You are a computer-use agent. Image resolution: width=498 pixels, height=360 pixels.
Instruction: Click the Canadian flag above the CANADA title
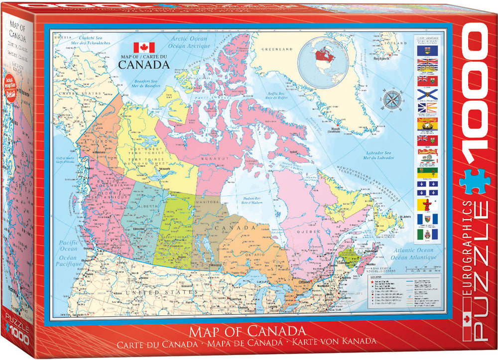coord(144,48)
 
